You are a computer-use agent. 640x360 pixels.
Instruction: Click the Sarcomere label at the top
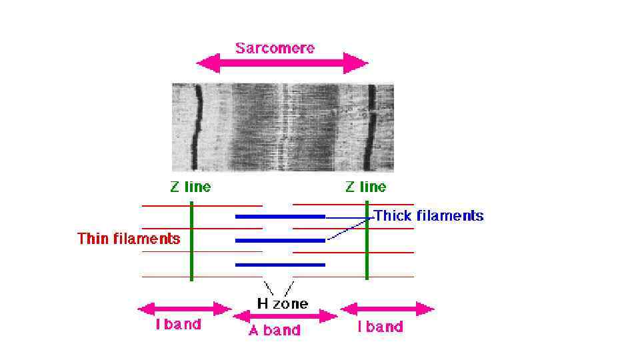point(275,48)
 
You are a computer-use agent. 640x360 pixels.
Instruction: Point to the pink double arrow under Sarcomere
point(281,64)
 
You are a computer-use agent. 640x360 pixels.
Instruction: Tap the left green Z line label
point(190,187)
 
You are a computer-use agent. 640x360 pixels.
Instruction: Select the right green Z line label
point(365,187)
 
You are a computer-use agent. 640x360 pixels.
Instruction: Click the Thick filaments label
point(429,216)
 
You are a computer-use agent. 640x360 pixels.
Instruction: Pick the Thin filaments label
point(129,239)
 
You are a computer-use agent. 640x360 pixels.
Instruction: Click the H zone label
point(283,304)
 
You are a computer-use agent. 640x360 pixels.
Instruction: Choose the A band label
point(275,330)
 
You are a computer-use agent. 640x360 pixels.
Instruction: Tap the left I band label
point(179,325)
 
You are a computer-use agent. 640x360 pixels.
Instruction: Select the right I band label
point(381,327)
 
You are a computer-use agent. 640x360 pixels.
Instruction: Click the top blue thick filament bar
point(280,217)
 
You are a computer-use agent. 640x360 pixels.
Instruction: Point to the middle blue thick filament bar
point(280,240)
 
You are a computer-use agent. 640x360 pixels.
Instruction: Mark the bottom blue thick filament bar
point(280,265)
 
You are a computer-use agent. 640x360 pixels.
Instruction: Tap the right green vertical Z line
point(367,247)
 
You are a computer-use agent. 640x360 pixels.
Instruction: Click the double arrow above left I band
point(184,309)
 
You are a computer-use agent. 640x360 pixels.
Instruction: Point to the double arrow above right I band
point(387,309)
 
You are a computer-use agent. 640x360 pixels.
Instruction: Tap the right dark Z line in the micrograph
point(372,127)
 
